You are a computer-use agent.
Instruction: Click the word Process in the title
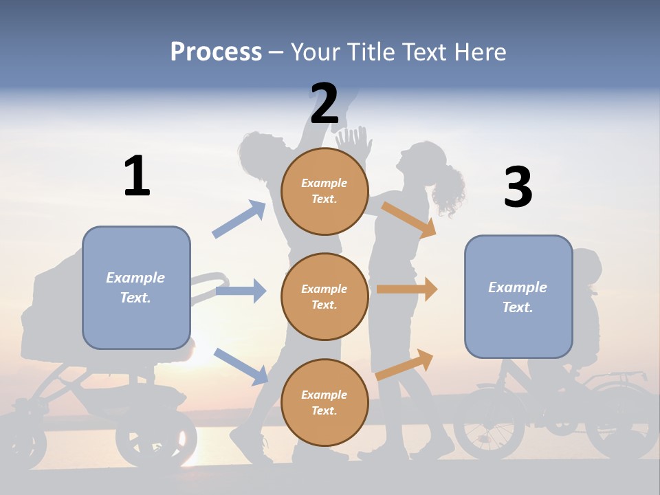tap(216, 52)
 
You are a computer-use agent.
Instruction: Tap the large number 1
tap(137, 176)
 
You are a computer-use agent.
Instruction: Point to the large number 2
tap(324, 104)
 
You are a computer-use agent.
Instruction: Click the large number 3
tap(518, 187)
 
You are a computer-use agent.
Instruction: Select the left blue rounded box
tap(136, 287)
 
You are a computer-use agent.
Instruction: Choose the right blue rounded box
tap(518, 296)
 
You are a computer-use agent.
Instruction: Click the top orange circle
tap(324, 191)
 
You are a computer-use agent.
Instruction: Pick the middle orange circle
tap(324, 296)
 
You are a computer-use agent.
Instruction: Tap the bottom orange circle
tap(324, 402)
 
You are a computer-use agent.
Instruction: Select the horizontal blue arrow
tap(241, 291)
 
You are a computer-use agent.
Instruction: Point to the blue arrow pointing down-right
tap(241, 366)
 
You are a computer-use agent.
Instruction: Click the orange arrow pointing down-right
tap(409, 220)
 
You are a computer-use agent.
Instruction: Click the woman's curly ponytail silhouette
tap(448, 189)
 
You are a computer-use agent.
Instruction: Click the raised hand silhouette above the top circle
tap(355, 143)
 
